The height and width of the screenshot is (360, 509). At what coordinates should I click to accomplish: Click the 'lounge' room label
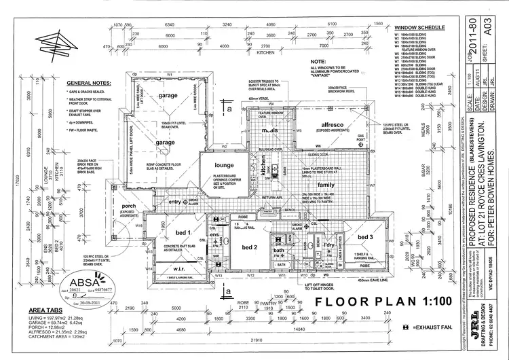coord(224,165)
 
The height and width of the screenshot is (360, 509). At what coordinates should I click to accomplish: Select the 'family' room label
coord(326,185)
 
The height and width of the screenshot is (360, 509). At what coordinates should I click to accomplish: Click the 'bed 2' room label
coord(246,247)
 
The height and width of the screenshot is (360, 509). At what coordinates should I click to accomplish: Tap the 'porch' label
coord(128,206)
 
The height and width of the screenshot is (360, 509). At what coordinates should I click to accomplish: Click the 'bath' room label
coord(279,251)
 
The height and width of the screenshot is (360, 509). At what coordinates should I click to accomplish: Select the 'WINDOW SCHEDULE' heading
coord(419,28)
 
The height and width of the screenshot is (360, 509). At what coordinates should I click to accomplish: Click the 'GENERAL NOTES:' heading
coord(84,80)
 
